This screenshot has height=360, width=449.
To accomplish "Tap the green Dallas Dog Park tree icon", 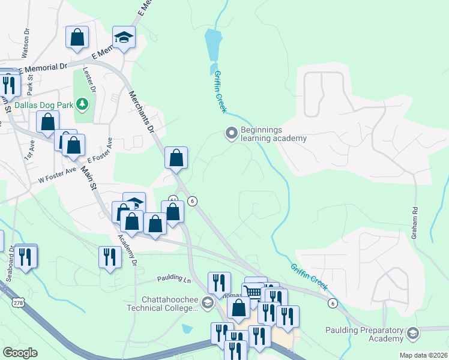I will tap(83, 105).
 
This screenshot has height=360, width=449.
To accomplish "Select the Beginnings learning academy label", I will tap(273, 134).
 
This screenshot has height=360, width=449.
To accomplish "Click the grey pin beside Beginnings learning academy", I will tap(231, 133).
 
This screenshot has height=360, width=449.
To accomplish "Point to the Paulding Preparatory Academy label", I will tap(364, 334).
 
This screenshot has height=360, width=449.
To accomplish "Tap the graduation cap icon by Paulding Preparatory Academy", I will tap(412, 333).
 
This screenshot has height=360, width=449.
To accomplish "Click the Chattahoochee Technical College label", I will tap(170, 304).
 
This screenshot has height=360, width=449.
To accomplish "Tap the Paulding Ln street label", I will tap(174, 279).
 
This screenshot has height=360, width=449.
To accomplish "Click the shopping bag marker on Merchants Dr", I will tap(176, 158).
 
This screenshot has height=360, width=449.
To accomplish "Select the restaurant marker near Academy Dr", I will tap(109, 257).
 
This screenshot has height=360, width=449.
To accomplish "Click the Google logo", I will tap(19, 353).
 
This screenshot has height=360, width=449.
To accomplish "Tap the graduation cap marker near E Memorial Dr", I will tap(124, 38).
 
